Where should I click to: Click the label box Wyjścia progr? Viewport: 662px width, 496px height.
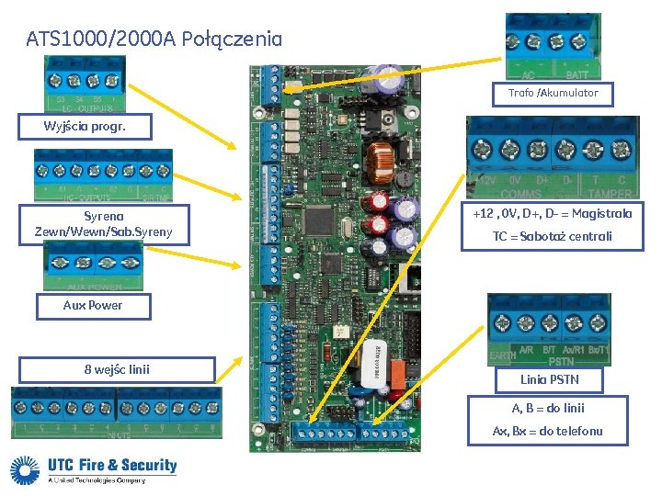point(83,127)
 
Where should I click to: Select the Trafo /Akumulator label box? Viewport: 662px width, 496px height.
point(554,94)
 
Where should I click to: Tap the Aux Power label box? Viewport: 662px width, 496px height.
point(93,306)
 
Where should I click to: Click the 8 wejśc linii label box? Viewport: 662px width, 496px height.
point(117,370)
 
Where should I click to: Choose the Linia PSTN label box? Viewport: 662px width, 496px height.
point(549,378)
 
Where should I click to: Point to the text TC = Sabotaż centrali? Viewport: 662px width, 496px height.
point(552,237)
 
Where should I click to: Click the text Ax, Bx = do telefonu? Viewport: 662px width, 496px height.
point(548,431)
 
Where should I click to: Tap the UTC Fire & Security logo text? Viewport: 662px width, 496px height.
point(111,465)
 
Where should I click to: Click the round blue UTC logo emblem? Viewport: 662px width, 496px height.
point(26,470)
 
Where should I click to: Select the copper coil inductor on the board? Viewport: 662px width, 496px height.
point(378,163)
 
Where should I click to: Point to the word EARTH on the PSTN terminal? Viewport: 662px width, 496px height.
point(502,354)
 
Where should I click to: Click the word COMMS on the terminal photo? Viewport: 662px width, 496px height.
point(520,194)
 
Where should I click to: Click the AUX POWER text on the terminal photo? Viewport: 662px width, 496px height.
point(93,286)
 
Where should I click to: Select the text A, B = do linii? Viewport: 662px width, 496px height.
point(548,409)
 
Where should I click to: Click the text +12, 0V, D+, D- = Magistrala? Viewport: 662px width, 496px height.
point(552,214)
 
